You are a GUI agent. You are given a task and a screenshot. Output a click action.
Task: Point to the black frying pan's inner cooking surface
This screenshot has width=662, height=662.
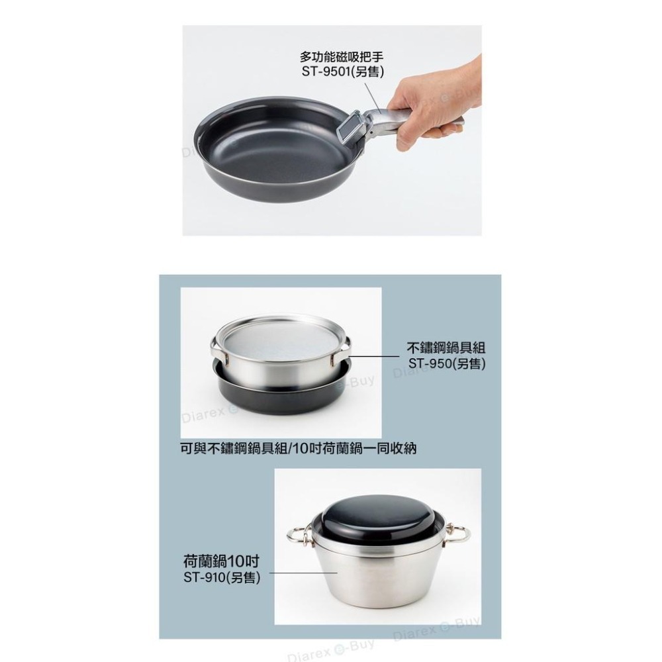coord(278,149)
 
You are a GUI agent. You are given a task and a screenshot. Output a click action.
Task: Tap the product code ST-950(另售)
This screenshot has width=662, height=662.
coord(447,363)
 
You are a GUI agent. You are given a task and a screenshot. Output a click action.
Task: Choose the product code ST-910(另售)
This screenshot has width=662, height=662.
coord(221,578)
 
